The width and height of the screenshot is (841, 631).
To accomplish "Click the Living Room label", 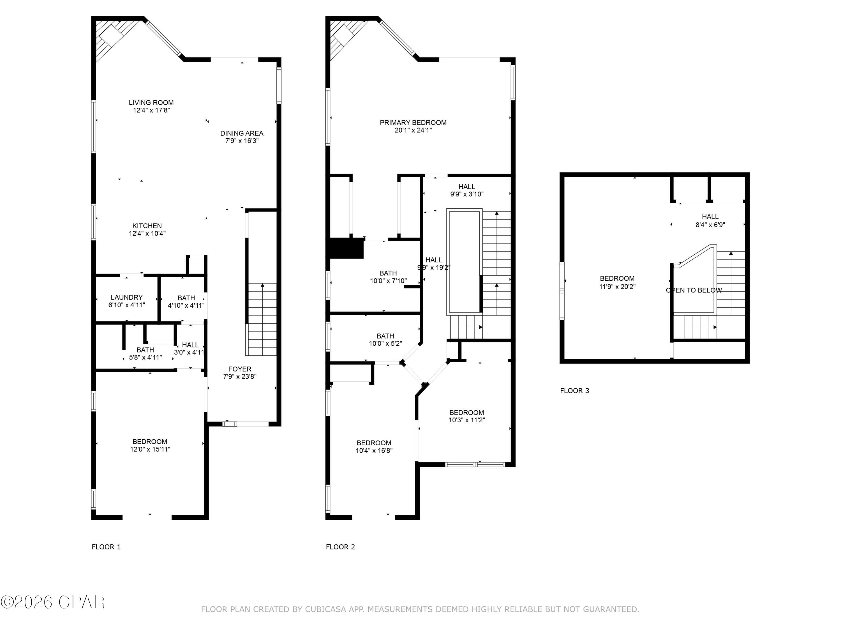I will pyautogui.click(x=151, y=103).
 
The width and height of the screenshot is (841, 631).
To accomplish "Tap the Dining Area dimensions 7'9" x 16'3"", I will pyautogui.click(x=242, y=141).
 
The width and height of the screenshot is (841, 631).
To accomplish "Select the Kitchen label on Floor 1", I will pyautogui.click(x=147, y=226).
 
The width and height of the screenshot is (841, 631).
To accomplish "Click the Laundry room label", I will pyautogui.click(x=127, y=298).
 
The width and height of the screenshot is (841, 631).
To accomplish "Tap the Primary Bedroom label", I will pyautogui.click(x=413, y=123).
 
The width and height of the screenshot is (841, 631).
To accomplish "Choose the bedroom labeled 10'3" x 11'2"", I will pyautogui.click(x=466, y=416).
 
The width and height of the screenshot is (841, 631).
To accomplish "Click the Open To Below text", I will pyautogui.click(x=694, y=290).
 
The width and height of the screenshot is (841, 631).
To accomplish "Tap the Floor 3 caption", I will pyautogui.click(x=574, y=391).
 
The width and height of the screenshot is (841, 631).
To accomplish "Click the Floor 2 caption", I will pyautogui.click(x=340, y=547).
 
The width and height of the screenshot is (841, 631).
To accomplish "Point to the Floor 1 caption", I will pyautogui.click(x=106, y=547).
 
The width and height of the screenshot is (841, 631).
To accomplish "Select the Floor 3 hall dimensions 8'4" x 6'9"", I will pyautogui.click(x=710, y=225).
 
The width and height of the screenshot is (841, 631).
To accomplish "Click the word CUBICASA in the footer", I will pyautogui.click(x=325, y=610).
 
